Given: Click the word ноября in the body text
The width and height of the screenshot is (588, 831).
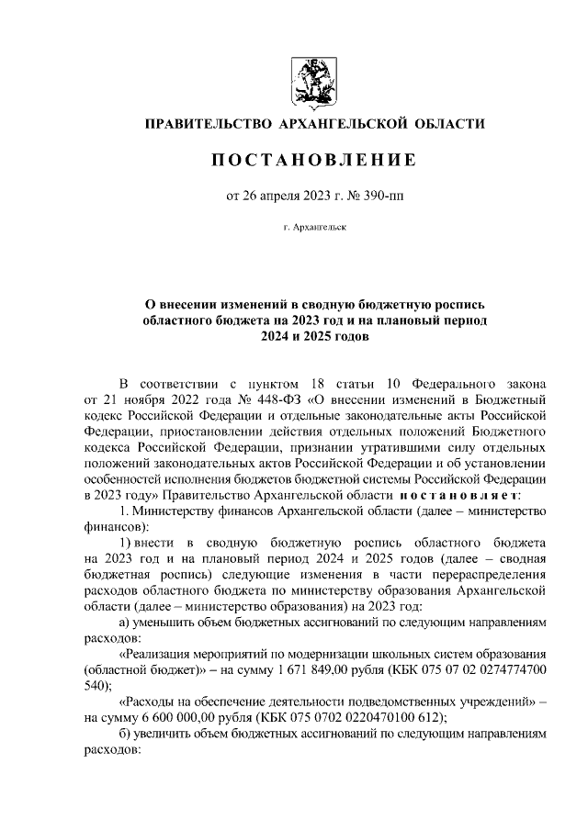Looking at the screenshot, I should tap(130, 400).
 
